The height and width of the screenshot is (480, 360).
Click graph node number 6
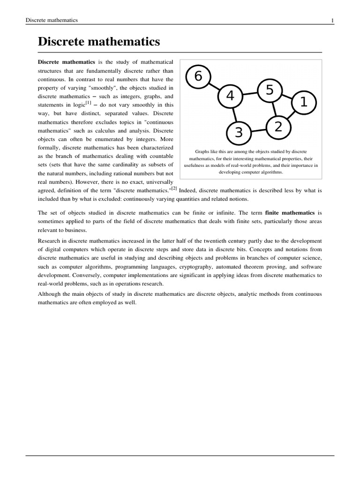coord(198,77)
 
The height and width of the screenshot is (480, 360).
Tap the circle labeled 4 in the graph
coord(230,96)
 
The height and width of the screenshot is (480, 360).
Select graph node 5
coord(269,90)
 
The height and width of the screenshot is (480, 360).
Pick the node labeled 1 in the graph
coord(303,102)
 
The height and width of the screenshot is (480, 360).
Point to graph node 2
coord(278,127)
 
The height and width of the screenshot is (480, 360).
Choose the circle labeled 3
coord(239,133)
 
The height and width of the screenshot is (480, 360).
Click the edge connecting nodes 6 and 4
coord(214,87)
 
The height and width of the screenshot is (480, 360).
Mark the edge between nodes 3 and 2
coord(258,130)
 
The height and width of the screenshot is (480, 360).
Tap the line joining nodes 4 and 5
coord(249,93)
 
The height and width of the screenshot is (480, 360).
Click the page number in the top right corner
coord(332,20)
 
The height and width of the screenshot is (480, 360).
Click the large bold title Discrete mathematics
coord(99,42)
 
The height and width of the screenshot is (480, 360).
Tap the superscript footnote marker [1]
coord(88,103)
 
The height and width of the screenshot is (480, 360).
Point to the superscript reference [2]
coord(174,188)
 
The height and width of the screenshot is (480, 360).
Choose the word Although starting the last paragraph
coord(51,294)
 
